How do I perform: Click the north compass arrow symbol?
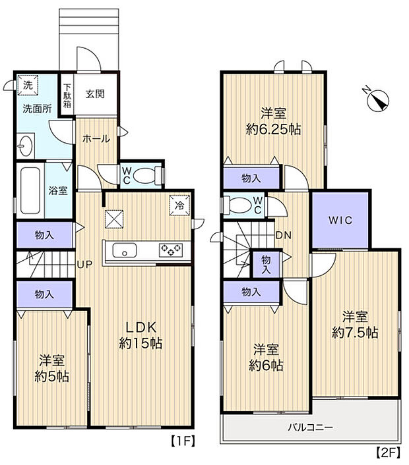tap(378, 101)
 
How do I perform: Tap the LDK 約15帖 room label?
tap(141, 335)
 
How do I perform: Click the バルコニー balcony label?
tap(309, 427)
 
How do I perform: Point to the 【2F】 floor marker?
tap(388, 452)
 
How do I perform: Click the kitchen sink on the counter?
tap(123, 250)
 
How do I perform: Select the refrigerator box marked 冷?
tap(179, 204)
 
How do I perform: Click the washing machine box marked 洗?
tap(28, 85)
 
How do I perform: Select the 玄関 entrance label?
tap(96, 94)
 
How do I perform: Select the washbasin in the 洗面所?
tap(26, 145)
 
